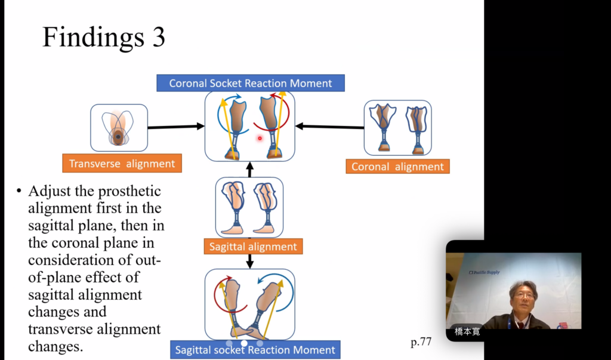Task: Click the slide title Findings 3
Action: pos(104,37)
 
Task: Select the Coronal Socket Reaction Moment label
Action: pos(251,83)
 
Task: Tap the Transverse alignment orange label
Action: pos(122,164)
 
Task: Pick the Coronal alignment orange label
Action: pos(397,167)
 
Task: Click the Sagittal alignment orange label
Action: pos(253,246)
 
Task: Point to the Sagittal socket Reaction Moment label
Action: pos(255,350)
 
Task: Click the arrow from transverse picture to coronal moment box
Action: pos(176,127)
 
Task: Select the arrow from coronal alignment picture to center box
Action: pos(330,126)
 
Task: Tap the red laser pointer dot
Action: pos(260,139)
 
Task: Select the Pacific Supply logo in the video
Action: pos(484,272)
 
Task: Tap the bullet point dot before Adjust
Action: pos(19,192)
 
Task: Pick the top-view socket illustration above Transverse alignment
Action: pos(118,127)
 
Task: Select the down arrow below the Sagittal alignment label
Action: pos(250,261)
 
